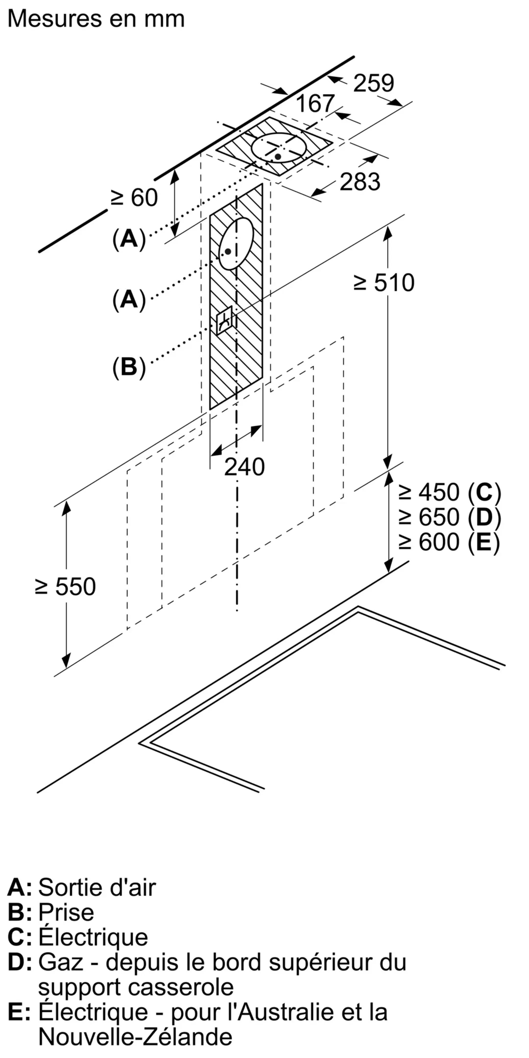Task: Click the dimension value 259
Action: [373, 83]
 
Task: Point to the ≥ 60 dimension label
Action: [134, 198]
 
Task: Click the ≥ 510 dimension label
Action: [384, 283]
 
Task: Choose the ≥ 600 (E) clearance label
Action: [449, 542]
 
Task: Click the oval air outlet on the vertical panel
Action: [236, 243]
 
